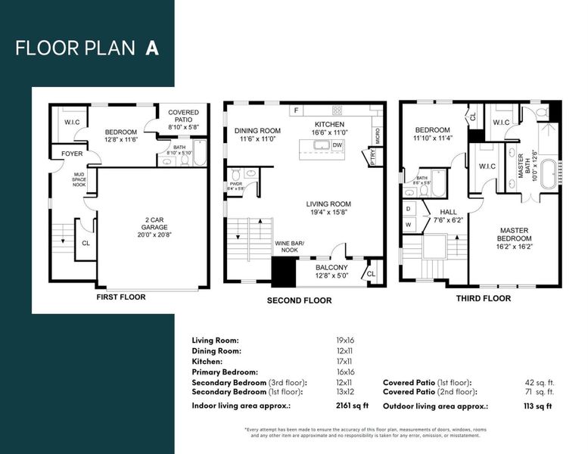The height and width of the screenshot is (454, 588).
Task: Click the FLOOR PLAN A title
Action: click(87, 48)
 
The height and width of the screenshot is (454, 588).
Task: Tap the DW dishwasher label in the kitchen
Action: click(338, 145)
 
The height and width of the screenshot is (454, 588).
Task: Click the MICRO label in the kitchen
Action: click(377, 135)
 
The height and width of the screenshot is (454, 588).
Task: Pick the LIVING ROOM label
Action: click(328, 208)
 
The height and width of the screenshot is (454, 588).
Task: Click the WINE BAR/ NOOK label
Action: click(286, 246)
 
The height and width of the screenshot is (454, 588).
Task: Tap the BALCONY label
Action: click(331, 271)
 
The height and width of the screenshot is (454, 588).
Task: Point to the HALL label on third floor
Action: click(443, 216)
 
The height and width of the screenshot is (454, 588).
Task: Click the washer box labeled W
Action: click(409, 225)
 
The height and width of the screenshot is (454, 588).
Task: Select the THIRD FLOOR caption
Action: click(483, 298)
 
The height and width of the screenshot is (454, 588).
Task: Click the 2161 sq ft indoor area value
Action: click(351, 406)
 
